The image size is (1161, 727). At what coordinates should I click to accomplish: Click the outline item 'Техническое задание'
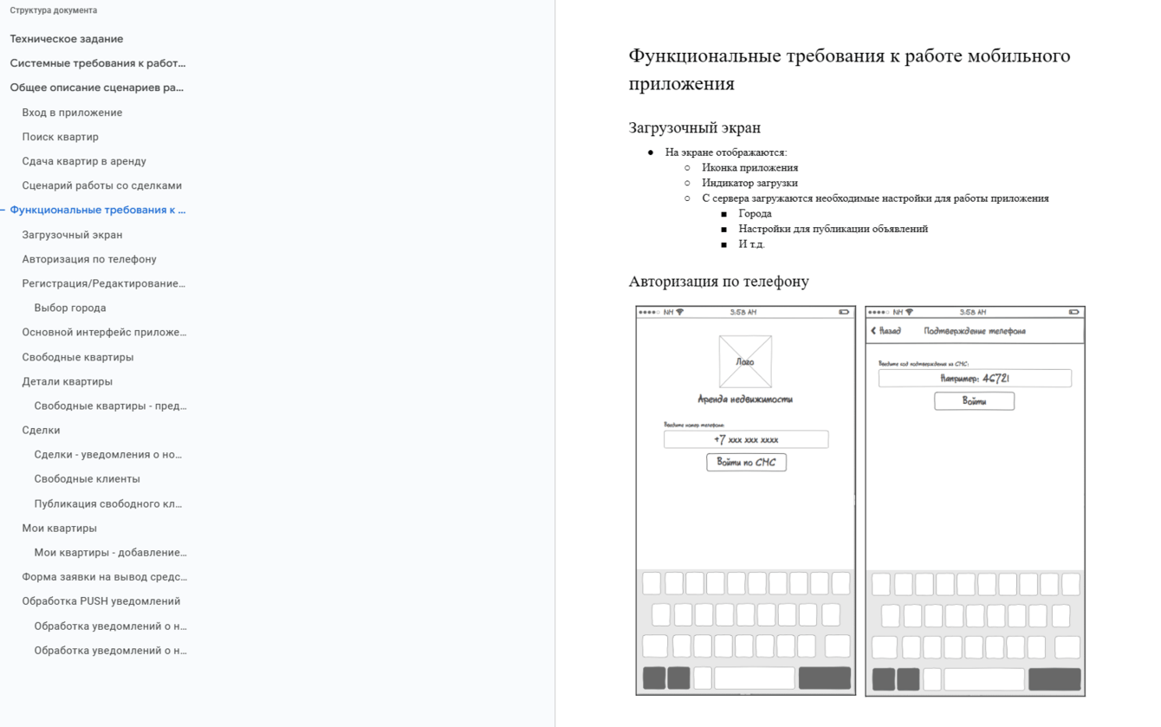(67, 39)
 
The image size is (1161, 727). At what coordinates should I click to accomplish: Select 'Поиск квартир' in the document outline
(61, 137)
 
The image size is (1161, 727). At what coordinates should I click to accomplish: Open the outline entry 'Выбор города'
(70, 308)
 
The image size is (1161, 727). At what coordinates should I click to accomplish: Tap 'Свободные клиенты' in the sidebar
(87, 478)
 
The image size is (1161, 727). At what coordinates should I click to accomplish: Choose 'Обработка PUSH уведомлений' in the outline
(101, 600)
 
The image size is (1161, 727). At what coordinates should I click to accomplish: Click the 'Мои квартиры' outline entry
(60, 528)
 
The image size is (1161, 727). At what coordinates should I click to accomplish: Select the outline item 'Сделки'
(42, 430)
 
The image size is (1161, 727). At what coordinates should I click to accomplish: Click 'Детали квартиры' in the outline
(68, 381)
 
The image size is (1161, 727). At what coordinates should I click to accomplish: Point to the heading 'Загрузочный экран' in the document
(695, 127)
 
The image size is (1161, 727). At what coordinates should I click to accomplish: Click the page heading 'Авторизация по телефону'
(719, 281)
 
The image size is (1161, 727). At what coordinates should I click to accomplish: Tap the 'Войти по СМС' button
(746, 462)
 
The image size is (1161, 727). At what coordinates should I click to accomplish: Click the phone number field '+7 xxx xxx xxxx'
(746, 439)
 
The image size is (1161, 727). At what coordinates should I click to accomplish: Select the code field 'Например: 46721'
(975, 378)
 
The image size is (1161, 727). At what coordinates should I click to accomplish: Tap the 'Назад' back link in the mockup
(886, 331)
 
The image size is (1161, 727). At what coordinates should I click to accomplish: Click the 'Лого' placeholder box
(745, 361)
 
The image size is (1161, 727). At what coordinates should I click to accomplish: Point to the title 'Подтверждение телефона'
(975, 331)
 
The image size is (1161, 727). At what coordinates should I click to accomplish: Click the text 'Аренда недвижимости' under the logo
(745, 399)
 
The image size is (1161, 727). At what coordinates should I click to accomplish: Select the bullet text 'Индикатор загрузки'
(750, 183)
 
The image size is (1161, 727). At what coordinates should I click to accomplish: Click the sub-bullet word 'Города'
(756, 213)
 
